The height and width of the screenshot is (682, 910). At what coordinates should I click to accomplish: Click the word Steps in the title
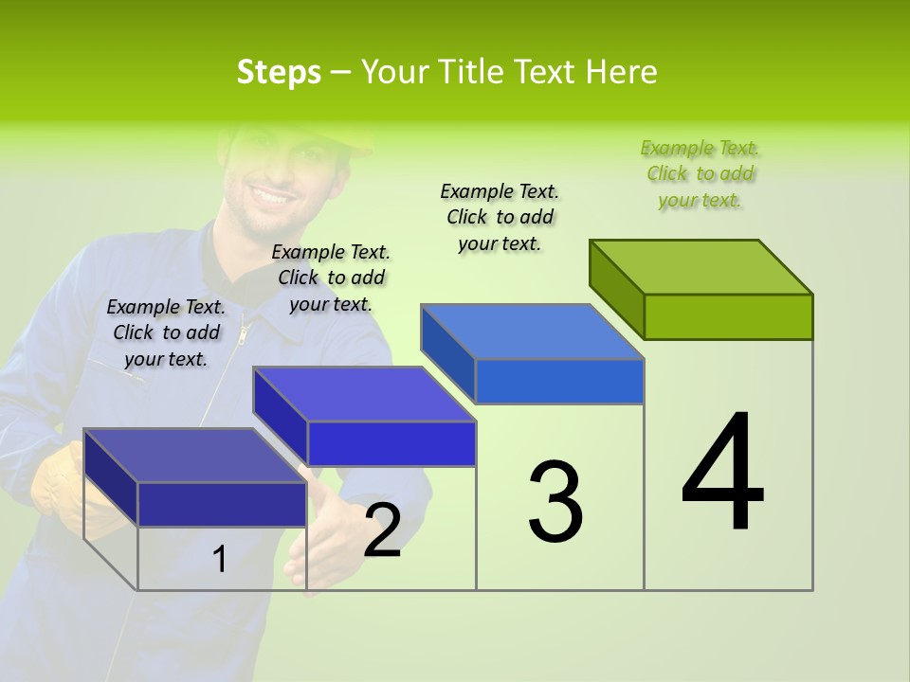coord(279,72)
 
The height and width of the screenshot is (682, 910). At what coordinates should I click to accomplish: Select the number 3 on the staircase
coord(555,501)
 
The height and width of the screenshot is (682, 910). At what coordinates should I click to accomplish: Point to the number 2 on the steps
coord(382,530)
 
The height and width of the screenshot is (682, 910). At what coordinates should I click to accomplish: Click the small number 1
coord(219,560)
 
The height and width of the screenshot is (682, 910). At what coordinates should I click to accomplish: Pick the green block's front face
coord(728,316)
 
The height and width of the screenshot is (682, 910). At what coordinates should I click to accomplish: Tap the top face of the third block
coord(533,332)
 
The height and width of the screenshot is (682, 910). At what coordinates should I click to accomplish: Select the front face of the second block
coord(391,443)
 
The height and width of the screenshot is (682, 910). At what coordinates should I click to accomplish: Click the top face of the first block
coord(195,456)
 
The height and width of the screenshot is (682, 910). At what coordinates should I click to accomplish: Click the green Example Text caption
coord(700,173)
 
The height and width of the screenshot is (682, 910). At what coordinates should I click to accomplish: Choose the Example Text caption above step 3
coord(500,217)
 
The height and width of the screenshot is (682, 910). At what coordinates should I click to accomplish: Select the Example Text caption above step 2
coord(331,278)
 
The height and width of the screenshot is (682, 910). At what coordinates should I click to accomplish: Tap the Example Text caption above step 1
coord(166,332)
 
